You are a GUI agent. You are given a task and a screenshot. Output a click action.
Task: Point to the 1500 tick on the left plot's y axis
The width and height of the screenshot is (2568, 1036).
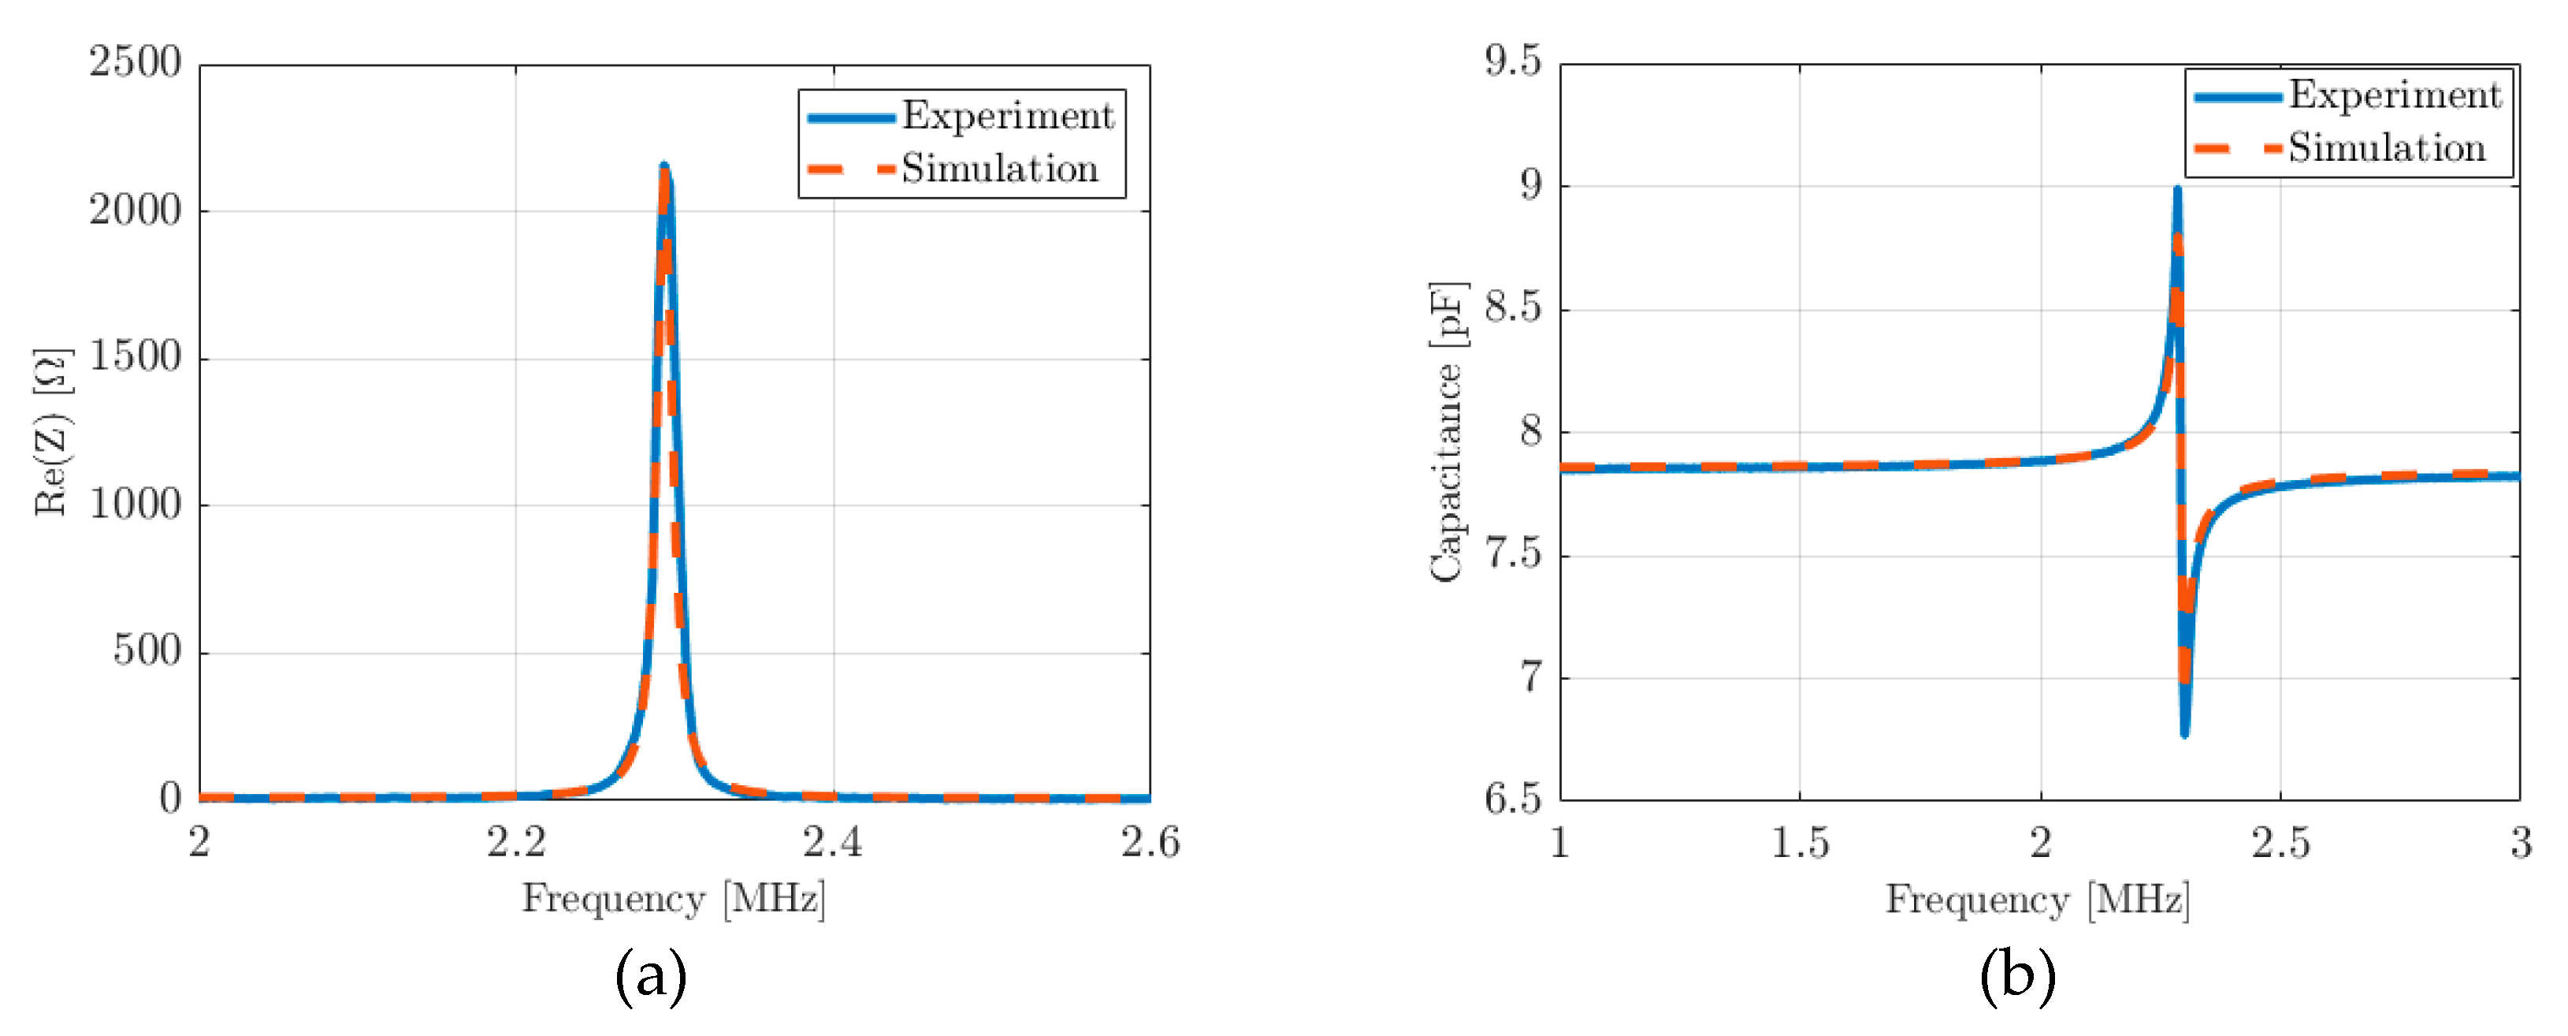pyautogui.click(x=135, y=357)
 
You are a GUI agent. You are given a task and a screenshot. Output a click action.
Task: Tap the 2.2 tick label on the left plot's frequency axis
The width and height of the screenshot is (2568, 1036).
pyautogui.click(x=516, y=843)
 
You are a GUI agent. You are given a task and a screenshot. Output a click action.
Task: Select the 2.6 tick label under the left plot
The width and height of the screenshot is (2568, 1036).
pyautogui.click(x=1150, y=843)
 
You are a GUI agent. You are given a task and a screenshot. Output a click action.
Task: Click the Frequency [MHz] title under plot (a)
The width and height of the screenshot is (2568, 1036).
pyautogui.click(x=674, y=898)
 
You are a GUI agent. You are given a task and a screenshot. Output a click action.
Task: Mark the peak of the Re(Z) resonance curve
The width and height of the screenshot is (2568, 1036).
pyautogui.click(x=664, y=166)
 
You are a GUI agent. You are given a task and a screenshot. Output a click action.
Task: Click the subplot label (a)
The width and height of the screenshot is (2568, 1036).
pyautogui.click(x=650, y=975)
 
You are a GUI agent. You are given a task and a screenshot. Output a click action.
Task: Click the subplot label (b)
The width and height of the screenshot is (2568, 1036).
pyautogui.click(x=2016, y=975)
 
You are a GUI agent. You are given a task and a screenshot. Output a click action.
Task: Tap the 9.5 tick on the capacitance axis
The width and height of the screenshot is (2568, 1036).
pyautogui.click(x=1511, y=61)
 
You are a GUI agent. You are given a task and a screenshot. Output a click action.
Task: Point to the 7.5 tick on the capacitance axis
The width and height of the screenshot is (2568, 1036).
pyautogui.click(x=1511, y=553)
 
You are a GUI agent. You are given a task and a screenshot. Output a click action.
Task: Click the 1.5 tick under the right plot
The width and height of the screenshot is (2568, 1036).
pyautogui.click(x=1800, y=844)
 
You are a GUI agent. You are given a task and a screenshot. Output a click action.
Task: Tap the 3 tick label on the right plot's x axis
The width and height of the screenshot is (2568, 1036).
pyautogui.click(x=2520, y=844)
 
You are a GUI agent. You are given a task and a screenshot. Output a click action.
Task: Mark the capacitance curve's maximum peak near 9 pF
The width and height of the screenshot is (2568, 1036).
pyautogui.click(x=2177, y=189)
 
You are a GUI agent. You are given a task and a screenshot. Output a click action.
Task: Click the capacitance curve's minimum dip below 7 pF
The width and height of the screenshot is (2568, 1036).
pyautogui.click(x=2184, y=734)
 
